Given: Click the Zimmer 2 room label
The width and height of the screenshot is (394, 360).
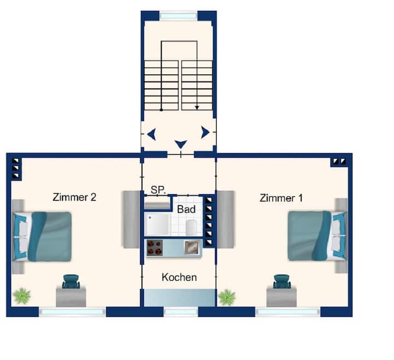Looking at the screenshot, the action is tap(74, 197).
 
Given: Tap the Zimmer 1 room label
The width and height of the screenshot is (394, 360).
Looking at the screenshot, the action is tap(281, 198).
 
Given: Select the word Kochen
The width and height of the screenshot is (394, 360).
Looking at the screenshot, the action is tap(179, 277).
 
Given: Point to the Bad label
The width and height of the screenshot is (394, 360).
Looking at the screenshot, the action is tap(186, 209).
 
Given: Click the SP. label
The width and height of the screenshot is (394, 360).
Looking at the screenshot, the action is tap(158, 190).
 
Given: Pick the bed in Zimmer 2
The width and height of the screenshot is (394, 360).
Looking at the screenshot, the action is tap(42, 236).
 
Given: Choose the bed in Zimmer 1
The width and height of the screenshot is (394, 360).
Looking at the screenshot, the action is tap(317, 236).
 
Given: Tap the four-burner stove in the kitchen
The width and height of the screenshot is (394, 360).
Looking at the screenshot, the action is tap(154, 248).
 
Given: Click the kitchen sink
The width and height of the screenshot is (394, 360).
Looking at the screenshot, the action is tap(192, 247).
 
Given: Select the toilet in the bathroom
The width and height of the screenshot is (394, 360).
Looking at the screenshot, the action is tap(192, 227).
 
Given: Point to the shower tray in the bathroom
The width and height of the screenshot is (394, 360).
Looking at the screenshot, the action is tap(158, 225).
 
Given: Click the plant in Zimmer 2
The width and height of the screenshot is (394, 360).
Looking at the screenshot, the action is tap(22, 296).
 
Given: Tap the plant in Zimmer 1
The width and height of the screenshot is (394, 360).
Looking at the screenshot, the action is tap(227, 298).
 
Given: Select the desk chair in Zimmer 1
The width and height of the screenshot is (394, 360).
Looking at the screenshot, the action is tap(282, 282).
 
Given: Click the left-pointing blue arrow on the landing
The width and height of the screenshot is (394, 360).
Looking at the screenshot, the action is tap(152, 134).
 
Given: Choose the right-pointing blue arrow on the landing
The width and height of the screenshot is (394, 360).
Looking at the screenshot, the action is tap(205, 132).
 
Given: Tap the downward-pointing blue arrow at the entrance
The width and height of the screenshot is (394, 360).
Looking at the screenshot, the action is tap(181, 144).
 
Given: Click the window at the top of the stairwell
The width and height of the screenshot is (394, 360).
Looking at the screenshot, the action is tap(178, 16).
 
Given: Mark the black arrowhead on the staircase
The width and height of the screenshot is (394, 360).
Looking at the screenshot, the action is tap(197, 108).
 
